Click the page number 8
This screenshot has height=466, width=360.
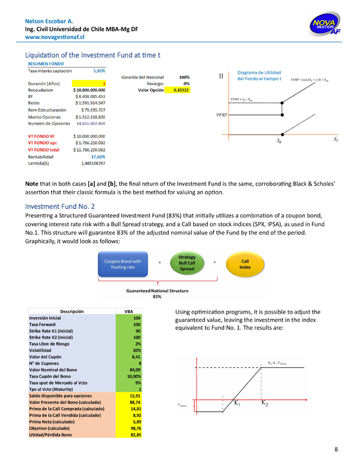(336, 451)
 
